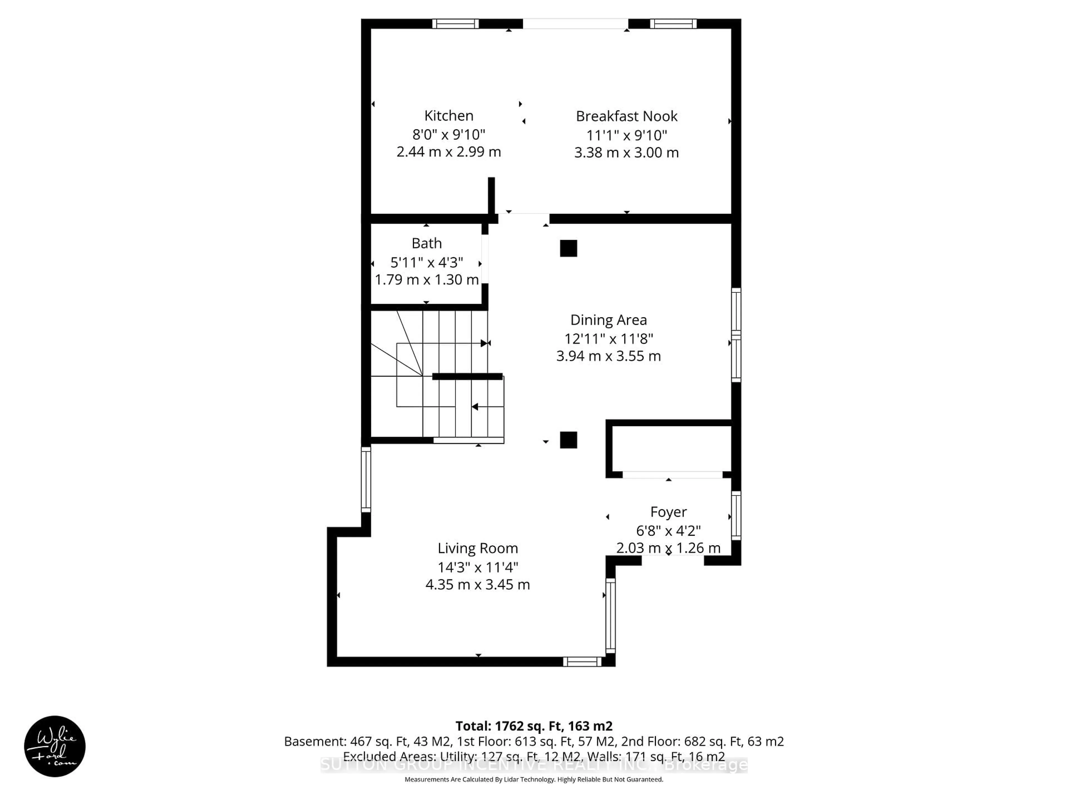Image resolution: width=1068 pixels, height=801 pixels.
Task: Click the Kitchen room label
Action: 449,116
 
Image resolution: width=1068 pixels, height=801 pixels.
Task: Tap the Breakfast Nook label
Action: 626,116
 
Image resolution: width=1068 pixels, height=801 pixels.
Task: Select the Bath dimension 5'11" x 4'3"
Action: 426,262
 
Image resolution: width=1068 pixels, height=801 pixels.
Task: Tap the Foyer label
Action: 668,512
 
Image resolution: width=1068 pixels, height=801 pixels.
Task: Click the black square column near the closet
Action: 568,440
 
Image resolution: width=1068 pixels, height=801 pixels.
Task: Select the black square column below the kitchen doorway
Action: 568,248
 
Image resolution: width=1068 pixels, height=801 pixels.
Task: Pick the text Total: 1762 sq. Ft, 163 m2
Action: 533,726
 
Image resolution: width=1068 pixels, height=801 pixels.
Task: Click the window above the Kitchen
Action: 455,24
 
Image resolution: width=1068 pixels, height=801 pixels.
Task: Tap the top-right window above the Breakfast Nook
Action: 673,24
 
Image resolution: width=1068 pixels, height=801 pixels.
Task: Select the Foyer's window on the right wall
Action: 736,515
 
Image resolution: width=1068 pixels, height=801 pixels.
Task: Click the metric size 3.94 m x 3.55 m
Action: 608,356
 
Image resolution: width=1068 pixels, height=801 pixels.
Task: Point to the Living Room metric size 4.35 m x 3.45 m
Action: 478,585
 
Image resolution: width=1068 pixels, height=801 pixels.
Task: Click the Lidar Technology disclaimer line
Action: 533,779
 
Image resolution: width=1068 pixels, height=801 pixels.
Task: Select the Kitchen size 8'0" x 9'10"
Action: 449,134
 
